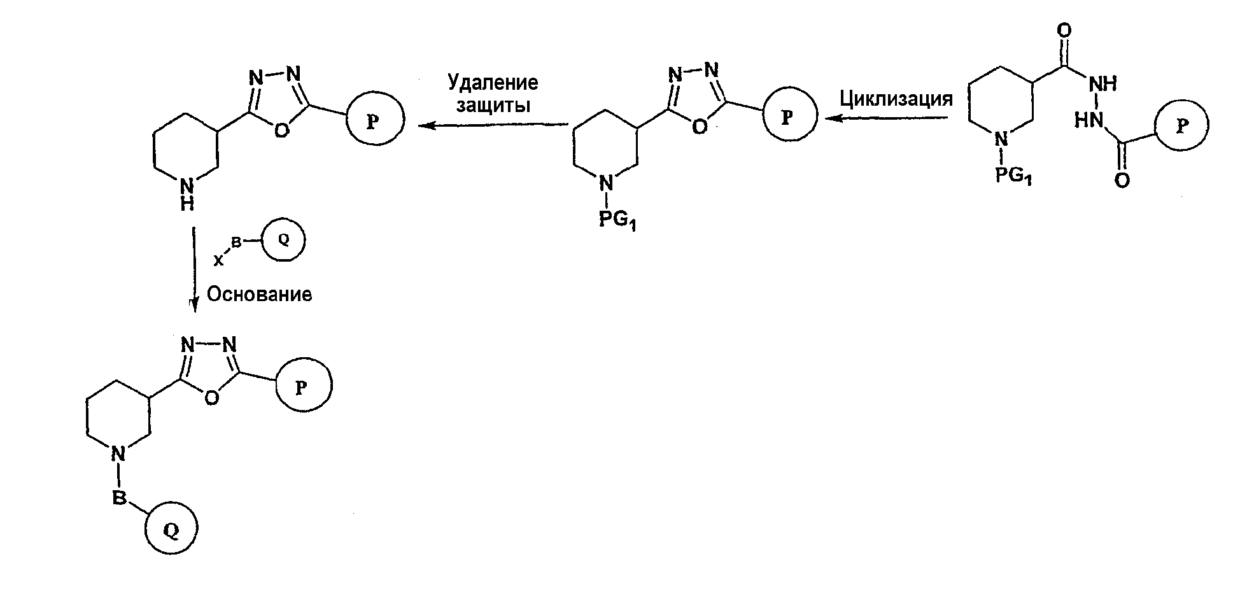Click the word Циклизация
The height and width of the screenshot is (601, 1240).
coord(896,99)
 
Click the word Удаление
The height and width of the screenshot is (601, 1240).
coord(492,83)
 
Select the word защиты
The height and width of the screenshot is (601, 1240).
coord(493,105)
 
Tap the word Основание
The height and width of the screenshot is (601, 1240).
coord(260,295)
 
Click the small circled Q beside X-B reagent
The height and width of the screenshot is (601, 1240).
coord(284,241)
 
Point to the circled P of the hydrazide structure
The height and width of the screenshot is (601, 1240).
coord(1181,125)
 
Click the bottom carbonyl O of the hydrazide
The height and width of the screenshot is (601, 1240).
coord(1122,181)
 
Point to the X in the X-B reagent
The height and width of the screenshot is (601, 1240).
coord(218,260)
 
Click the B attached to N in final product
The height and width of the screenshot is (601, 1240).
coord(119,498)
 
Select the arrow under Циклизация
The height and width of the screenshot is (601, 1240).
coord(889,118)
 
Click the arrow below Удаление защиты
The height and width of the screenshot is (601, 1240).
coord(493,125)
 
